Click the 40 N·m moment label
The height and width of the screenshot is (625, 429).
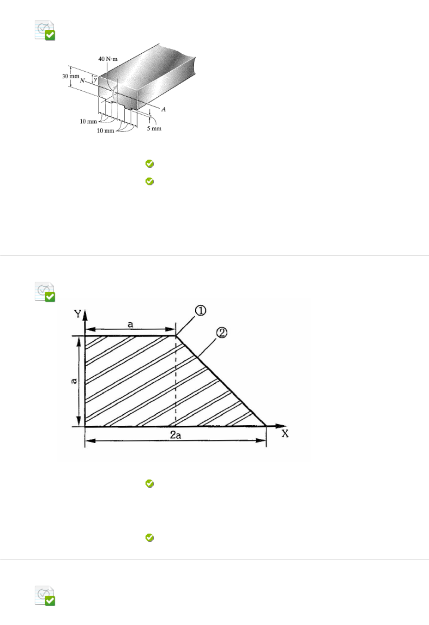coord(108,59)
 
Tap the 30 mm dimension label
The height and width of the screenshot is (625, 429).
coord(71,76)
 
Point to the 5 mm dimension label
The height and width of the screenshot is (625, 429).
coord(154,129)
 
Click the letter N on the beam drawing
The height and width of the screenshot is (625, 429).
coord(82,81)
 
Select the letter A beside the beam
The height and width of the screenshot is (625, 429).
coord(164,109)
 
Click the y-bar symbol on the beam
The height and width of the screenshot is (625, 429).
coord(95,79)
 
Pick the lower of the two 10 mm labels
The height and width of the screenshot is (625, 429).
coord(105,130)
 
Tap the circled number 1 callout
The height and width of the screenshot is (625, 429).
coord(200,311)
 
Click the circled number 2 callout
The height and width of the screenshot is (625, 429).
coord(222,333)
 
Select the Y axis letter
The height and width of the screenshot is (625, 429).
coord(77,314)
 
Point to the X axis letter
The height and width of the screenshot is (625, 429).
coord(285,434)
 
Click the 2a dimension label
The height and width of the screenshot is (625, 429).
coord(175,435)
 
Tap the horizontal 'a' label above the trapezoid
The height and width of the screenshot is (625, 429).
coord(130,325)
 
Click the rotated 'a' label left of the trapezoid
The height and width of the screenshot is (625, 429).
coord(74,381)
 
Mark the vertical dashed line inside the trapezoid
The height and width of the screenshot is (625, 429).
coord(176,381)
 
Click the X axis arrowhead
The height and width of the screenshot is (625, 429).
coord(281,426)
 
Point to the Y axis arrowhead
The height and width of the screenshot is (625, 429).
coord(85,315)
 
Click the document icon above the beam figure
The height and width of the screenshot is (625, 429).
coord(45,30)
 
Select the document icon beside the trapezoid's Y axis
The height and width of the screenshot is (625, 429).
coord(45,292)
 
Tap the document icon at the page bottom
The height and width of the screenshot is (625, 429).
coord(45,596)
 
